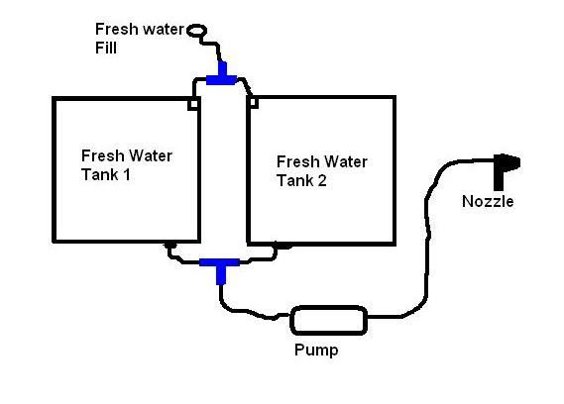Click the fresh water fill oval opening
pyautogui.click(x=196, y=30)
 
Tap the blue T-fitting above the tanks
pyautogui.click(x=222, y=77)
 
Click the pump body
pyautogui.click(x=329, y=320)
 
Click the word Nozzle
pyautogui.click(x=488, y=201)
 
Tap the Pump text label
pyautogui.click(x=316, y=351)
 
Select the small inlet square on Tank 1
pyautogui.click(x=193, y=104)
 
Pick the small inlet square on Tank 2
pyautogui.click(x=254, y=103)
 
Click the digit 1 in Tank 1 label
pyautogui.click(x=127, y=175)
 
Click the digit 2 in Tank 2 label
pyautogui.click(x=322, y=180)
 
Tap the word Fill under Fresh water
pyautogui.click(x=106, y=49)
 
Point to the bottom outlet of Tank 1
pyautogui.click(x=170, y=246)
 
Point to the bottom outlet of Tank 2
pyautogui.click(x=283, y=247)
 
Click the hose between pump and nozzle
pyautogui.click(x=427, y=238)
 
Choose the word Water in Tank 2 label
pyautogui.click(x=345, y=161)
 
